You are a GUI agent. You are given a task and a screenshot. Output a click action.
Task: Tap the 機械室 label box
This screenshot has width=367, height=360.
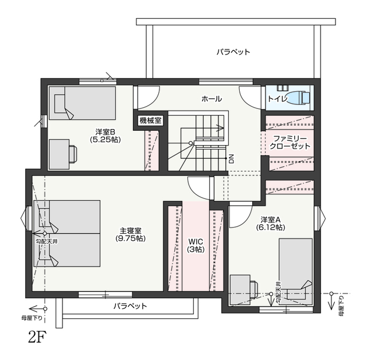[x=150, y=121]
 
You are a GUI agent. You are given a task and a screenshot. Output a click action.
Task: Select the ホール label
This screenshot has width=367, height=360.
[x=212, y=99]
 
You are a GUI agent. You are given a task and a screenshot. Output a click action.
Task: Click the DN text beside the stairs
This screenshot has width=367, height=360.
[x=231, y=159]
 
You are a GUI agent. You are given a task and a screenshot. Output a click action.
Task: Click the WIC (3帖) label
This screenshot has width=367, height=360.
[x=196, y=245]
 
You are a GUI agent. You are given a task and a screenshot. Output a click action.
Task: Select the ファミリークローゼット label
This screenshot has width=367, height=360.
[x=290, y=143]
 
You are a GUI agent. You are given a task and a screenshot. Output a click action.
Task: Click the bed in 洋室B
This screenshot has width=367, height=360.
[x=83, y=103]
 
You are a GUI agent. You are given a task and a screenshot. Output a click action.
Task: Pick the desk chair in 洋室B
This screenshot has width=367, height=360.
[x=73, y=154]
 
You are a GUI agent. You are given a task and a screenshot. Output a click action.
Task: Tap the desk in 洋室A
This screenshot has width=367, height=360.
[x=240, y=290]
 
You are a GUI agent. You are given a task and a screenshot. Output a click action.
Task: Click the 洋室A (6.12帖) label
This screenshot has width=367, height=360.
[x=270, y=224]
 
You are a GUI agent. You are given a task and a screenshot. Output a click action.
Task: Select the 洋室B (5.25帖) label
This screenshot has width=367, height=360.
[x=105, y=136]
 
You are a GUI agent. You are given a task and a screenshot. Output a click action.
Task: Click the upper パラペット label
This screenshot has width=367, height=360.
[x=233, y=52]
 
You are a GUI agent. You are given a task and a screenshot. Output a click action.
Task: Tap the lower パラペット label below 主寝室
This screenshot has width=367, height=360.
[x=130, y=306]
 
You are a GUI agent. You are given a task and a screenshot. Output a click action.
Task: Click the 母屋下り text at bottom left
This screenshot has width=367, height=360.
[x=32, y=318]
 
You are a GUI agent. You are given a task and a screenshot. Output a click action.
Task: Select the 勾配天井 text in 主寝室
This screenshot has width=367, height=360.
[x=46, y=241]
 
